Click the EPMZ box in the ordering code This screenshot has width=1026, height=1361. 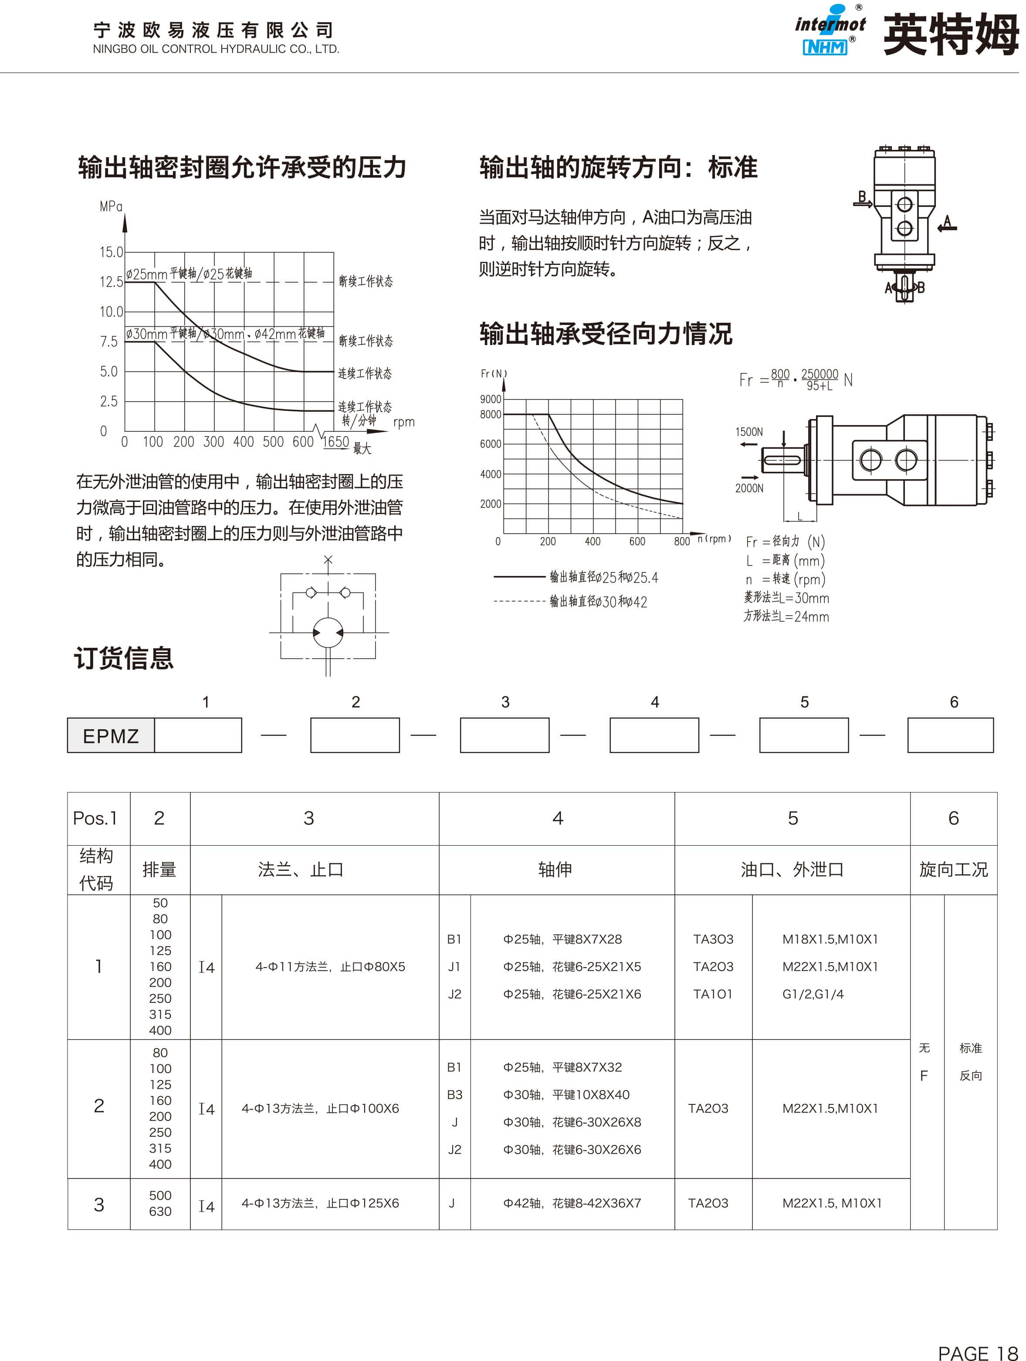tap(111, 736)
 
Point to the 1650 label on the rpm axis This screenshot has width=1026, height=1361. tap(336, 442)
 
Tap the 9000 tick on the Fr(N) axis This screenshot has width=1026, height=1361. tap(491, 399)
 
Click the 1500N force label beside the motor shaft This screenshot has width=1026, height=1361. tap(749, 432)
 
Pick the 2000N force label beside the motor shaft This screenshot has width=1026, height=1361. tap(749, 488)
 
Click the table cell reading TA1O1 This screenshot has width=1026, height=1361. tap(713, 994)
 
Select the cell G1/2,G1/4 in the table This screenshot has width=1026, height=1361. tap(813, 994)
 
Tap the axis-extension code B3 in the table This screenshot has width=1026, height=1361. tap(454, 1094)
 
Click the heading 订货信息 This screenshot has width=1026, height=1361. tap(124, 658)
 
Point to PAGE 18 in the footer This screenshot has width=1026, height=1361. tap(977, 1352)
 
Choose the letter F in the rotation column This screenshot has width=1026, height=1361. tap(923, 1076)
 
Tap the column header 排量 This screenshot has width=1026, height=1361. tap(159, 870)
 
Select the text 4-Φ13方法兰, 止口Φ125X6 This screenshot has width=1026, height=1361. tap(320, 1203)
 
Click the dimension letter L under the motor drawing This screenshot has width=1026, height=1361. tap(799, 516)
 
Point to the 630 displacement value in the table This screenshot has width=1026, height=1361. tap(160, 1211)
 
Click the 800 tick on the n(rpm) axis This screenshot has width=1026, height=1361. tap(681, 542)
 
